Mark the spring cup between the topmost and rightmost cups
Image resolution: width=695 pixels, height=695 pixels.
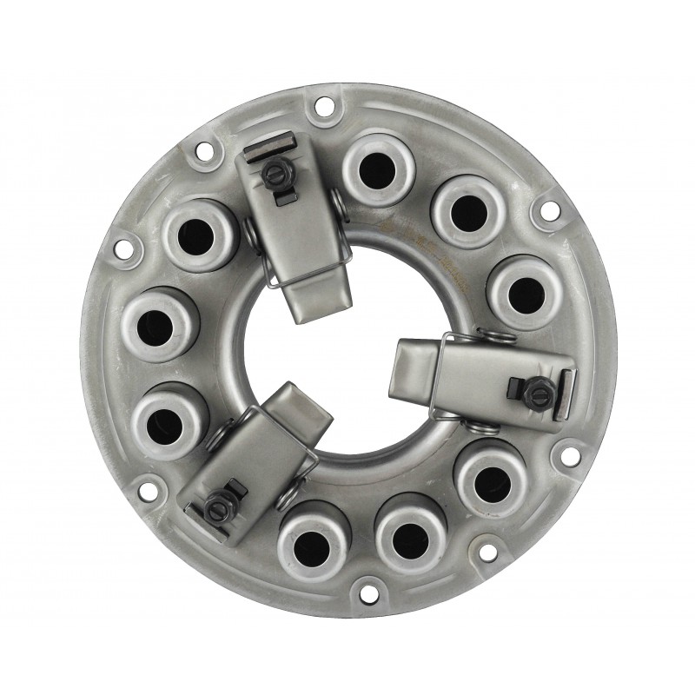point(467,208)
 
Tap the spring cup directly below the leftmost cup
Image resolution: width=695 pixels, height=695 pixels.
point(167,420)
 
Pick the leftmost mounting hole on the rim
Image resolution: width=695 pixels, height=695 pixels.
point(122,250)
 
